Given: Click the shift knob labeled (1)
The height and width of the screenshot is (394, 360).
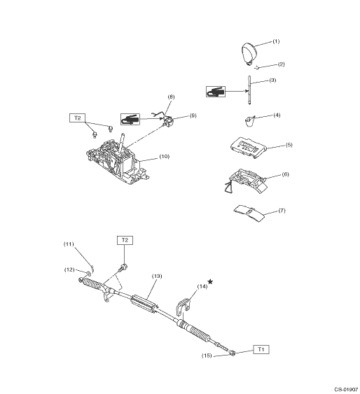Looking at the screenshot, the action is tap(249, 53).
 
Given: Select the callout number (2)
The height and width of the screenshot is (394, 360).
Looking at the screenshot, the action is tap(282, 64).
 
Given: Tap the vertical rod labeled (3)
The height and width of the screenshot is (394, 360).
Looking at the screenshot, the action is tap(249, 90).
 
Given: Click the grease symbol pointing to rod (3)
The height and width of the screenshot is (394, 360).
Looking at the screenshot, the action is tap(216, 92).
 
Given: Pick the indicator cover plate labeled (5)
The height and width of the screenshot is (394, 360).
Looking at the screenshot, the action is tap(248, 147).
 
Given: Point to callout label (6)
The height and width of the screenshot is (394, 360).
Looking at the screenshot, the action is tap(285, 174).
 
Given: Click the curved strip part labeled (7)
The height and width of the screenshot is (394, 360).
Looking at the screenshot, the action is tap(249, 213).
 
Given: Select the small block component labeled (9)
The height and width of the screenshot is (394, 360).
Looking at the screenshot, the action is tap(167, 122).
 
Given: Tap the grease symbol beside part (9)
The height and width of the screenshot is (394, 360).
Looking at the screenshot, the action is tap(130, 119).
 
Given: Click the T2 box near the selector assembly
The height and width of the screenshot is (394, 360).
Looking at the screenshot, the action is tap(78, 118).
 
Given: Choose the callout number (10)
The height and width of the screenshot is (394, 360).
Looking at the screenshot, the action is tap(165, 156).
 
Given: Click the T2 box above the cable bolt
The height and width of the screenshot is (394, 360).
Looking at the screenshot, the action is tap(125, 240).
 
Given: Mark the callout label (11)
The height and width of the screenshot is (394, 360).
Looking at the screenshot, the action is tap(69, 244).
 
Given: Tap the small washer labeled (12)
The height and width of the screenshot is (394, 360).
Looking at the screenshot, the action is tap(88, 273).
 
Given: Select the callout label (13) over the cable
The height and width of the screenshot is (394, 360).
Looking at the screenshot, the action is tap(157, 276).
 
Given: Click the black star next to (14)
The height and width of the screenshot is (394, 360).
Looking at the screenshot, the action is tap(210, 282).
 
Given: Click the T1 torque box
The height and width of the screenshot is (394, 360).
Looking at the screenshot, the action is tap(261, 349).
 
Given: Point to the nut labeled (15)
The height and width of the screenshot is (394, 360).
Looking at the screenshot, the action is tap(233, 353).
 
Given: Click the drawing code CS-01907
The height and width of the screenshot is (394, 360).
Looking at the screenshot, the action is tap(346, 389).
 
